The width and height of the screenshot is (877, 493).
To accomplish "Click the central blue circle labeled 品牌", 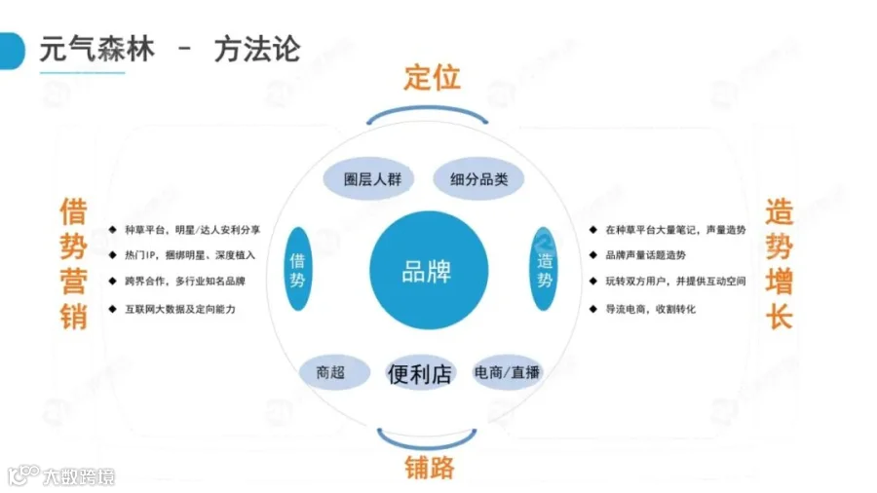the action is [x=429, y=270].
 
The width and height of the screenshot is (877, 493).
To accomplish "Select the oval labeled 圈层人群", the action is [x=368, y=179].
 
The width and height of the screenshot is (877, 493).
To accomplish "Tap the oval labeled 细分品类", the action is [x=478, y=179].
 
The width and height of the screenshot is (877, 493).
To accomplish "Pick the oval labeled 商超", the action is [x=334, y=372].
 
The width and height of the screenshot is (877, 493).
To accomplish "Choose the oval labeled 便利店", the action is [x=420, y=373].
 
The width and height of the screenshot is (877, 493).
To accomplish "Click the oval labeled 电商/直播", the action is [x=507, y=372].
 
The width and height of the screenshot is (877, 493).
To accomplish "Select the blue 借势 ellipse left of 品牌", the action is [x=298, y=269].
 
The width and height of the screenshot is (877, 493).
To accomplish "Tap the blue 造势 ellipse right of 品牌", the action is [x=544, y=269].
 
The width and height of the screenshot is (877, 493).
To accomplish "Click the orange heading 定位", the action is [x=433, y=77].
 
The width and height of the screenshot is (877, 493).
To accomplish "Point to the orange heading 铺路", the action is [x=429, y=468].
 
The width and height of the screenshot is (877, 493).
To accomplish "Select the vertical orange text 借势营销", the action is [x=74, y=263].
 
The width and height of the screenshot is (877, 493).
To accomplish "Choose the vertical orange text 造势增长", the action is [x=780, y=263].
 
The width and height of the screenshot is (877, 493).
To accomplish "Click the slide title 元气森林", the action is [x=96, y=49].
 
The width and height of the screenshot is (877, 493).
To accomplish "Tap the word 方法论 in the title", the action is [x=257, y=49].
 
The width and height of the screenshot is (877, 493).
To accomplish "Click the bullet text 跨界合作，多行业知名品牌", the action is [x=185, y=281].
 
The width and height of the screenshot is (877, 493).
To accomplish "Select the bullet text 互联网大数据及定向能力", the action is [x=180, y=309].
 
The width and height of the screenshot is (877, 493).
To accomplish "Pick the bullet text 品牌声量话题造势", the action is [x=645, y=255].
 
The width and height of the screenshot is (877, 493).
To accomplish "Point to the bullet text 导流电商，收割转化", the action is [x=651, y=309].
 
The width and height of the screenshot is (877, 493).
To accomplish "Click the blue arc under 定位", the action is [x=428, y=108].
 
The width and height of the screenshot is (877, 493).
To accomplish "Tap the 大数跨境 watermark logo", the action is [x=61, y=475].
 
